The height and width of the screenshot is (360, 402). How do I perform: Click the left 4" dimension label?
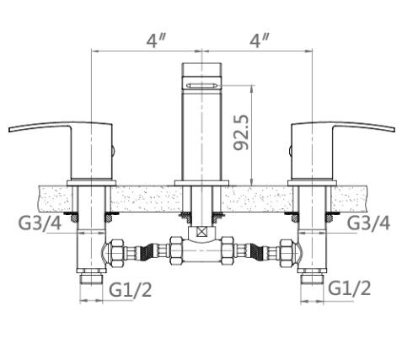coord(155,41)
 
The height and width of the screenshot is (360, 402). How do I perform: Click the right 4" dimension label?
coord(259,41)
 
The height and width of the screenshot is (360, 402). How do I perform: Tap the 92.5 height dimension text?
coord(241,132)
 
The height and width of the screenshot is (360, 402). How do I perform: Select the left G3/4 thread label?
coord(40,223)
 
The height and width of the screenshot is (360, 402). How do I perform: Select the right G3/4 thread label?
coord(368,223)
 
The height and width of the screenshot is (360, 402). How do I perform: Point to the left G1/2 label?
coord(131,289)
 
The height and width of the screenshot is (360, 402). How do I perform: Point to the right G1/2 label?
coord(350,288)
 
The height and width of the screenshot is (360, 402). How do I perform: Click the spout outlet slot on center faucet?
coord(202,85)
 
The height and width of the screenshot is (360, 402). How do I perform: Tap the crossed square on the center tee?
coord(201,232)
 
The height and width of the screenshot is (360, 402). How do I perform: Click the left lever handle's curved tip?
coord(10,130)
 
